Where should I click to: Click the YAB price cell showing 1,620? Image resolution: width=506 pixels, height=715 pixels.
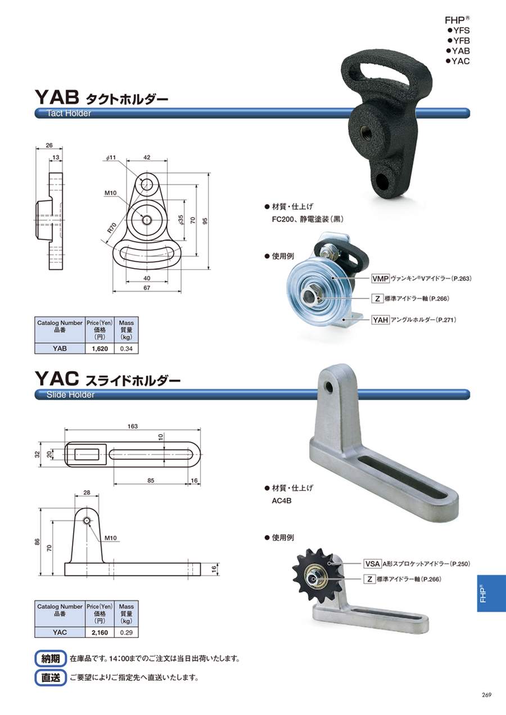[x=100, y=349]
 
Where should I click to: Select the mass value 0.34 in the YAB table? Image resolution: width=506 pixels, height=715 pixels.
[x=126, y=349]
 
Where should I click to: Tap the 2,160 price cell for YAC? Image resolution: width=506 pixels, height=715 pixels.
[x=100, y=632]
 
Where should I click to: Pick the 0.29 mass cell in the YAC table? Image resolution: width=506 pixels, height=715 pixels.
[x=126, y=632]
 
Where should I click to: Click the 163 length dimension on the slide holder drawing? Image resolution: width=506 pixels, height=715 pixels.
[x=133, y=426]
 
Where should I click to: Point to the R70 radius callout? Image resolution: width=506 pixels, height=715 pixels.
[x=111, y=227]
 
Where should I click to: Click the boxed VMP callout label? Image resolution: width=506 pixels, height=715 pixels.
[x=381, y=279]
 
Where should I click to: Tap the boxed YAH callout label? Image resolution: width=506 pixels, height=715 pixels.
[x=381, y=319]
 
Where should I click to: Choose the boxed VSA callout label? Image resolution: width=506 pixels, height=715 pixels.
[x=372, y=564]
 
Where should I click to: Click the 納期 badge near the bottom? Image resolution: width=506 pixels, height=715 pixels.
[x=51, y=658]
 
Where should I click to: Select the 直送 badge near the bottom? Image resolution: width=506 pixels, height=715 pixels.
[x=51, y=677]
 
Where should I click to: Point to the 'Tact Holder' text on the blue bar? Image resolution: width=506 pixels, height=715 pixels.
[x=69, y=114]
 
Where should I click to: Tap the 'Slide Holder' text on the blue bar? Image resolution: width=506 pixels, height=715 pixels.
[x=70, y=395]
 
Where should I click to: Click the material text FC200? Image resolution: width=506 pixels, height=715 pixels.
[x=283, y=220]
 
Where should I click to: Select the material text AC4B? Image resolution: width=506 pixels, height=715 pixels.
[x=282, y=501]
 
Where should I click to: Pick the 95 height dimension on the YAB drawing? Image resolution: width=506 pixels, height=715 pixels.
[x=205, y=221]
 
